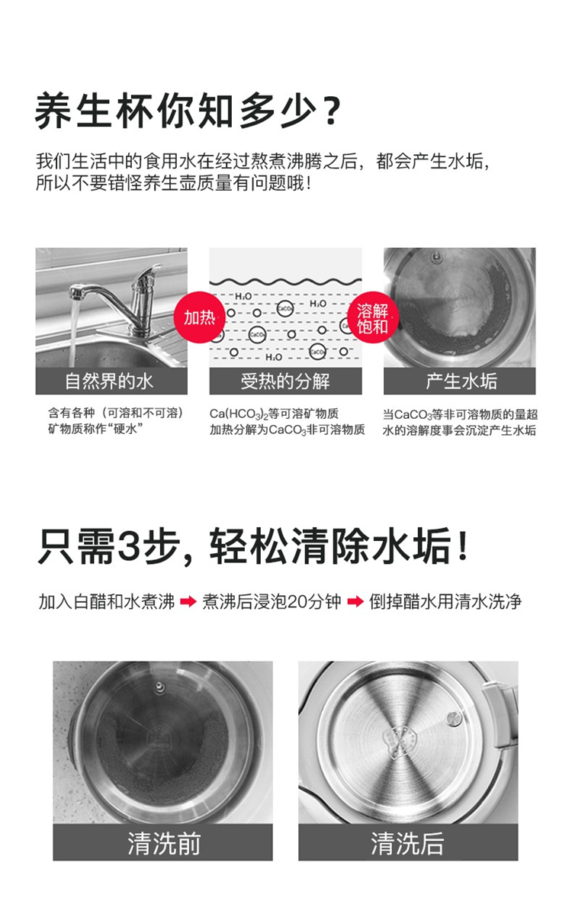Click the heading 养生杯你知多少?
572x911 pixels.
[187, 110]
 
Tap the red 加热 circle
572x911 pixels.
[200, 317]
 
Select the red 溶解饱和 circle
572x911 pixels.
[372, 317]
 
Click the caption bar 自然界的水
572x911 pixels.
[111, 381]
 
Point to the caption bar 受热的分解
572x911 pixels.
[285, 381]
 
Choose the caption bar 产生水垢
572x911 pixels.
[459, 381]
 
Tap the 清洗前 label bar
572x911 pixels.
[162, 842]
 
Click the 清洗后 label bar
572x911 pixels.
[408, 842]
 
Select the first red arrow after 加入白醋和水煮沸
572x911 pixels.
[188, 601]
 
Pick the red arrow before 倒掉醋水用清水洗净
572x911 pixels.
[355, 601]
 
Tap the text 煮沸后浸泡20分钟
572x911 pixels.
[272, 601]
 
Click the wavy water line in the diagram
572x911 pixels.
[285, 282]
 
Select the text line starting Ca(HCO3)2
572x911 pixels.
[274, 414]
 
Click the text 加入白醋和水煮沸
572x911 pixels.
[107, 601]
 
